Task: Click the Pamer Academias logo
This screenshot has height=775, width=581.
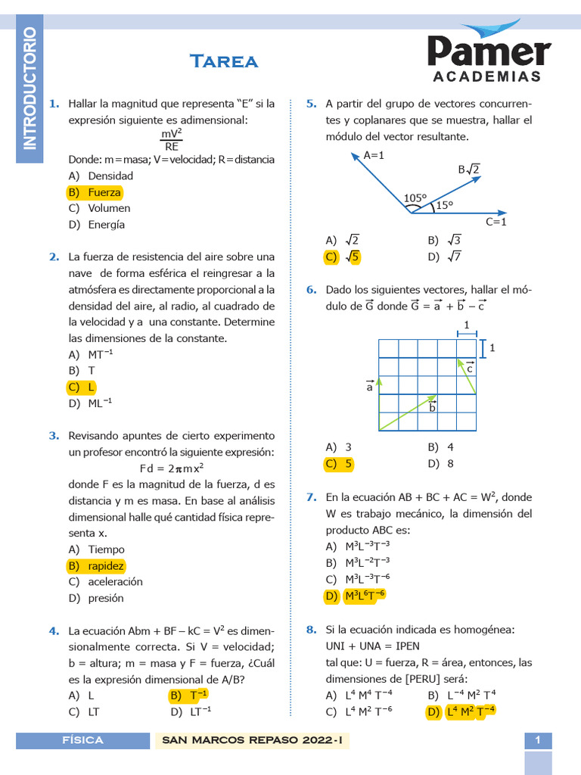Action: tap(488, 54)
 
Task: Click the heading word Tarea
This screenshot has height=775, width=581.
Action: tap(224, 61)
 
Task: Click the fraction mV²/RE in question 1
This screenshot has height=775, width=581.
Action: tap(172, 140)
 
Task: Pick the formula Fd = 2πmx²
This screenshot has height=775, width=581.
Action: tap(172, 468)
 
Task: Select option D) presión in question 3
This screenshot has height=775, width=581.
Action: tap(96, 598)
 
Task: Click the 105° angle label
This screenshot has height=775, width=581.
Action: tap(415, 198)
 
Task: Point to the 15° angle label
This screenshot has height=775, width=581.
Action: tap(444, 205)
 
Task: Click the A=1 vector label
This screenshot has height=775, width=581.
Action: tap(374, 155)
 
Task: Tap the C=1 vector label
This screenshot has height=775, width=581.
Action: tap(496, 222)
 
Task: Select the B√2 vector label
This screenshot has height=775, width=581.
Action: tap(469, 170)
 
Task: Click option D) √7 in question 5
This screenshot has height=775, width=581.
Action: tap(444, 257)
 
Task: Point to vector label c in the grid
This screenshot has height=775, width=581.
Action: tap(470, 368)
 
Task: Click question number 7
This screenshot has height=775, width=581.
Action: tap(311, 497)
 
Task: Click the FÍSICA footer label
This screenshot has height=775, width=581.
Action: tap(83, 740)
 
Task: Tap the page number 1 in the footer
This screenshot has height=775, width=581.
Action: tap(538, 740)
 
